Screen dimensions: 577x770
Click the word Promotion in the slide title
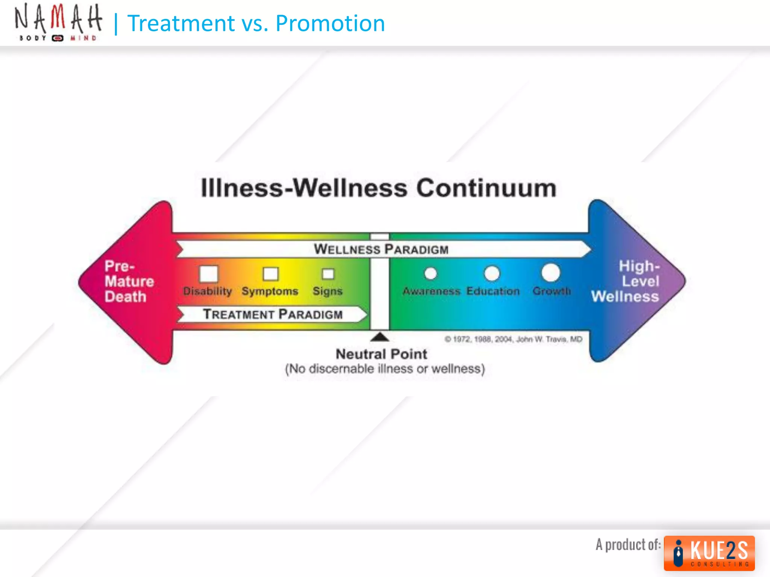(330, 23)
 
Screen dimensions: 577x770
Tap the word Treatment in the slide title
(181, 23)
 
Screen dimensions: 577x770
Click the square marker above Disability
(209, 273)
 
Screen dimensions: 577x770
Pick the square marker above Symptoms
(270, 274)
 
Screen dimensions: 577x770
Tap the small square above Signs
(328, 274)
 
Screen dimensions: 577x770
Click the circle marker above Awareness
(430, 273)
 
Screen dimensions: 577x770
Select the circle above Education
(492, 273)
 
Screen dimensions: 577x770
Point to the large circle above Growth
(551, 273)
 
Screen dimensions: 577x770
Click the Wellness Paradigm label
(381, 249)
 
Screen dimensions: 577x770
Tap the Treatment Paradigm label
(273, 314)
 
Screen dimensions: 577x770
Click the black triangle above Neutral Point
(380, 337)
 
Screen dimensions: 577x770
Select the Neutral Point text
(381, 354)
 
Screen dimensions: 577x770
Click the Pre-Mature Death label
(129, 281)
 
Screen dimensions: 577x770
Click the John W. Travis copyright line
(513, 339)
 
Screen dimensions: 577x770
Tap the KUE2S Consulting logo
(709, 553)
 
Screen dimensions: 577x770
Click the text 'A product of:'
(628, 545)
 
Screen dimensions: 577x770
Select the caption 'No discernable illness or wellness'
(385, 369)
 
